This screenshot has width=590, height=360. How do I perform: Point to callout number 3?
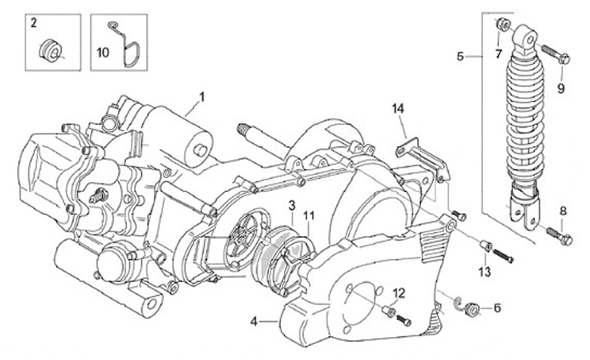292,203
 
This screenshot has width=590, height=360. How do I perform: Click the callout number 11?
309,216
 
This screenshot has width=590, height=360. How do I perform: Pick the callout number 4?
254,322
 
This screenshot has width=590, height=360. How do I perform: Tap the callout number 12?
399,293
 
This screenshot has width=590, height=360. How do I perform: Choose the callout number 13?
484,271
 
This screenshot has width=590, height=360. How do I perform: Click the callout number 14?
398,109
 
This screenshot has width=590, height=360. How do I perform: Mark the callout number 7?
497,55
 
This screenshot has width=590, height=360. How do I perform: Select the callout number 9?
562,89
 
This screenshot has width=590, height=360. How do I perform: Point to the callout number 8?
563,212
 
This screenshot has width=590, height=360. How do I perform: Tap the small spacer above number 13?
484,245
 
